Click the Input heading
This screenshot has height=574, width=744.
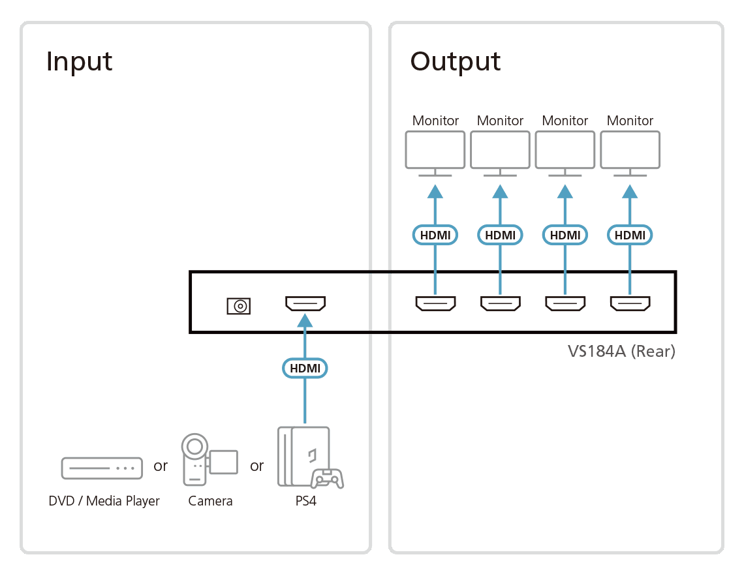[79, 62]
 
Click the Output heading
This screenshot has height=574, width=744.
[455, 62]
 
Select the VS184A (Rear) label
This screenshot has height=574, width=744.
[621, 351]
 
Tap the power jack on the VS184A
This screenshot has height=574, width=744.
[239, 306]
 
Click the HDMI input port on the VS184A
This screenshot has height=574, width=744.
[305, 303]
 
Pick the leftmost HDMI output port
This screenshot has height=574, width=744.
[435, 303]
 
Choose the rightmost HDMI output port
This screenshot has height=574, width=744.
[630, 303]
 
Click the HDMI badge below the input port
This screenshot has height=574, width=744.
[305, 368]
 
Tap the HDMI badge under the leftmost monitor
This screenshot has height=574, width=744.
[435, 235]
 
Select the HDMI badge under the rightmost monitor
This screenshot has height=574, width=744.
[630, 235]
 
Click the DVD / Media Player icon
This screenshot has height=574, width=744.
[102, 468]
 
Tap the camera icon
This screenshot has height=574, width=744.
[209, 459]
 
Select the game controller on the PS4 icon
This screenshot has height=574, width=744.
[328, 479]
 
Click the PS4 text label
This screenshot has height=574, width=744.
[305, 501]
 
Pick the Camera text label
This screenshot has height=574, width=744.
[210, 501]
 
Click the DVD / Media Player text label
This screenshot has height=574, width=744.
[104, 502]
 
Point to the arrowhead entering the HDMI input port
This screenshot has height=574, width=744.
[305, 321]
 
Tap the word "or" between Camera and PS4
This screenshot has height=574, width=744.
[256, 466]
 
